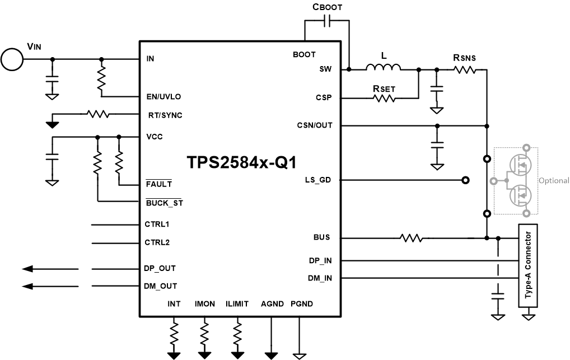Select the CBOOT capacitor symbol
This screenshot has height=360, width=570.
(x=328, y=21)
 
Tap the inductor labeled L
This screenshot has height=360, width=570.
(x=384, y=68)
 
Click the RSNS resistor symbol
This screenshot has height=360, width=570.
(x=465, y=69)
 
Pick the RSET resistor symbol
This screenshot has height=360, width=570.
(x=384, y=98)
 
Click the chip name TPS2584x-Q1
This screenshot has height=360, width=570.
(x=241, y=162)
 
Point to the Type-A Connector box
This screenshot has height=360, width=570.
(x=528, y=265)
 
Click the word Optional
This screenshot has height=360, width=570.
(x=553, y=181)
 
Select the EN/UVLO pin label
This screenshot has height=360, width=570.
(x=163, y=96)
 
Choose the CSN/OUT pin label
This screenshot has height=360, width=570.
(x=314, y=125)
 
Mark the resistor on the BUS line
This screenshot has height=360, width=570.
(x=411, y=238)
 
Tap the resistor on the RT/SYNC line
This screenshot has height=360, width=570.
(x=97, y=114)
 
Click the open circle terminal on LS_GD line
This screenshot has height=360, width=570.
(x=465, y=180)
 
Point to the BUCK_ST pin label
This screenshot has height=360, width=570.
(x=163, y=203)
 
